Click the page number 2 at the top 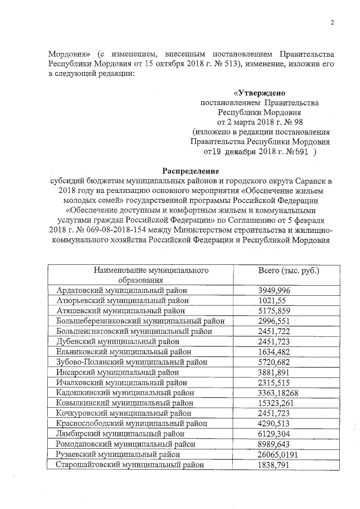click(332, 23)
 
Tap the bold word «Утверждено click(259, 93)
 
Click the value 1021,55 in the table click(272, 300)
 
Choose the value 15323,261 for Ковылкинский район click(277, 403)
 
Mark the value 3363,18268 click(282, 393)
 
